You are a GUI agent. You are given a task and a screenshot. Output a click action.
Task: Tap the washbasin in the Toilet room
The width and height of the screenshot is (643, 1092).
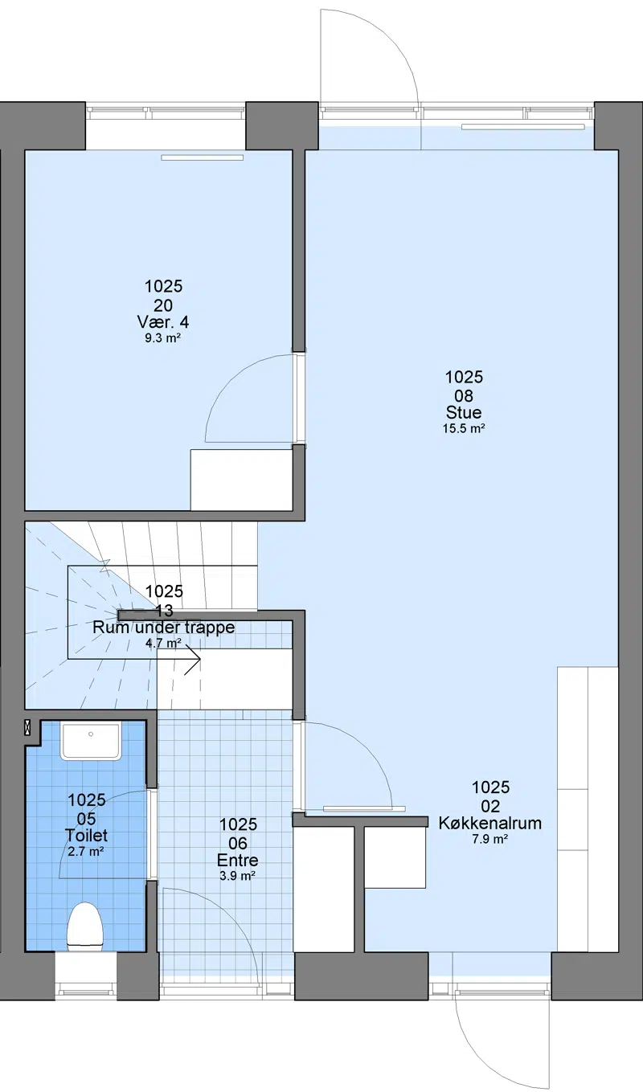pyautogui.click(x=90, y=741)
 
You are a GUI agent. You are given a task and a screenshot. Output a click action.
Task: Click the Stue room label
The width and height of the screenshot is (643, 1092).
pyautogui.click(x=464, y=412)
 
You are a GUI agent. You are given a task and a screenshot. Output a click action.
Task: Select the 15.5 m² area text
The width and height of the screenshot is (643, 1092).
pyautogui.click(x=464, y=429)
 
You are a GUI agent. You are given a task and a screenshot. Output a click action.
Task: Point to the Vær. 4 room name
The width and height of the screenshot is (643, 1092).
pyautogui.click(x=163, y=321)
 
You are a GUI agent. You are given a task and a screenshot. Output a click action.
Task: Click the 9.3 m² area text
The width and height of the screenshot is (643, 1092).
pyautogui.click(x=163, y=338)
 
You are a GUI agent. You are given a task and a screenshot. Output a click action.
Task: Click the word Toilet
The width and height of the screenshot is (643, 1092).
pyautogui.click(x=86, y=836)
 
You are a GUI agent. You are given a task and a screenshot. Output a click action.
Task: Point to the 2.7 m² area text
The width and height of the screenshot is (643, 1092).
pyautogui.click(x=86, y=852)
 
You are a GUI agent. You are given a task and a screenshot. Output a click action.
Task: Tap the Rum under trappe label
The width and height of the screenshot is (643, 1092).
pyautogui.click(x=164, y=628)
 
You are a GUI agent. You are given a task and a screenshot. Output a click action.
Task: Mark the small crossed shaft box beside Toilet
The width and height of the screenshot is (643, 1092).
pyautogui.click(x=27, y=728)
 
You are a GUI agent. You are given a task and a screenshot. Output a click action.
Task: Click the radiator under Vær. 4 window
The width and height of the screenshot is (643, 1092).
pyautogui.click(x=203, y=157)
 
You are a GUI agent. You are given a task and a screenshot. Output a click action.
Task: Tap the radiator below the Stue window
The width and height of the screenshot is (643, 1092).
pyautogui.click(x=522, y=127)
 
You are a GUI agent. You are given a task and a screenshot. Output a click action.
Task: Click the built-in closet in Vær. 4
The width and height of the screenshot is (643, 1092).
pyautogui.click(x=241, y=480)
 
